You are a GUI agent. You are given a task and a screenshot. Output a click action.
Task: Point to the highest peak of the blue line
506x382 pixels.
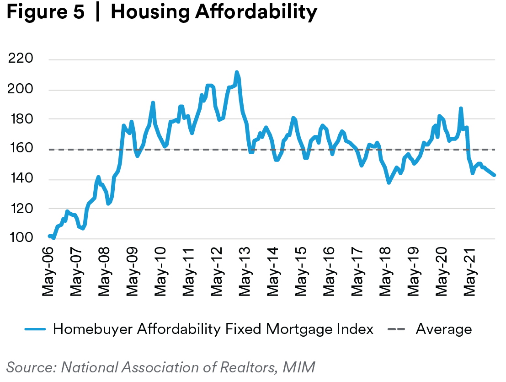pyautogui.click(x=236, y=72)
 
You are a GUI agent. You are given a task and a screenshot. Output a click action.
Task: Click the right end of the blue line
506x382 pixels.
pyautogui.click(x=494, y=175)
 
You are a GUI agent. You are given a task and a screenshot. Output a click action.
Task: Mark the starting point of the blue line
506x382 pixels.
pyautogui.click(x=49, y=236)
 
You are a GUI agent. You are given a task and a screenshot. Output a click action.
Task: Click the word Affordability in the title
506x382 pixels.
pyautogui.click(x=256, y=13)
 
